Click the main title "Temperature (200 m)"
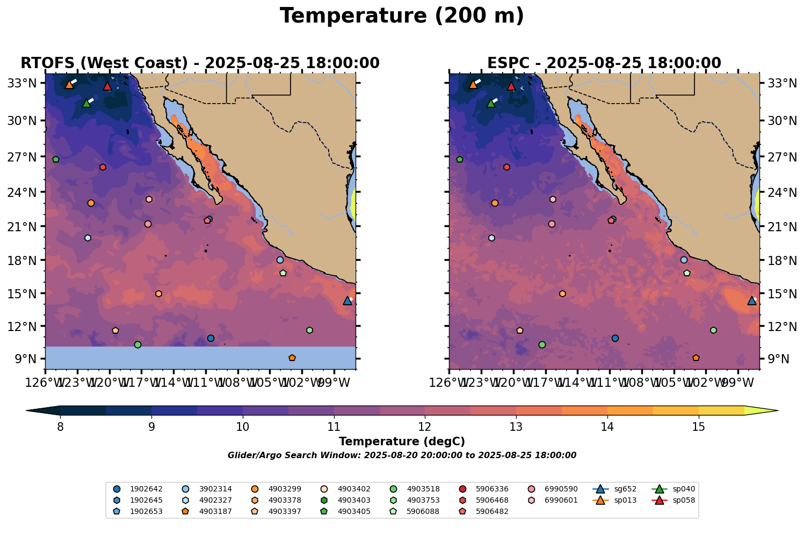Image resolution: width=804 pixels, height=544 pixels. pos(402,16)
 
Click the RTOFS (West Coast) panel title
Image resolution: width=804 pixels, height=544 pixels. pos(200,63)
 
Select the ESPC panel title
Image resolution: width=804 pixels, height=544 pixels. pos(604,63)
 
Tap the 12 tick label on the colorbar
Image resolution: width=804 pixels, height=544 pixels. pos(425,427)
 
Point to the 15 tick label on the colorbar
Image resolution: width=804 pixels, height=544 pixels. pos(698,427)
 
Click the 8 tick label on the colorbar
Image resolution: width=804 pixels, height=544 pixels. pos(60,427)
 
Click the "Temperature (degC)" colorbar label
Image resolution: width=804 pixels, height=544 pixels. pos(402,442)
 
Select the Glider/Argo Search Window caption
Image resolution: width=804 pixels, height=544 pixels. pos(402,455)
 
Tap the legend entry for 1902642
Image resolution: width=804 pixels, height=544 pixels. pos(142,489)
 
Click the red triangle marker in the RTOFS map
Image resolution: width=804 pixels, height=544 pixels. pos(107,86)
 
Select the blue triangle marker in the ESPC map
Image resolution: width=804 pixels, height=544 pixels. pos(752,300)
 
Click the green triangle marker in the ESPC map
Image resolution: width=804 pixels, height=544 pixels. pos(490,103)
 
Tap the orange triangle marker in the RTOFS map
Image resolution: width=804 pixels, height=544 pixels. pos(69,84)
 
